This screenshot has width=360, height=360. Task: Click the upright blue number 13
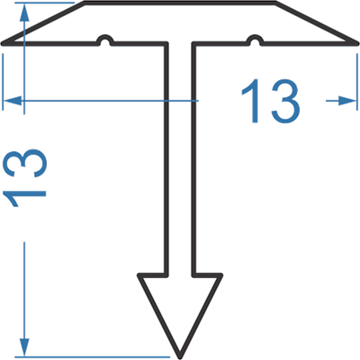pyautogui.click(x=271, y=101)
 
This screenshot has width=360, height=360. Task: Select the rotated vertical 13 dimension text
pyautogui.click(x=24, y=177)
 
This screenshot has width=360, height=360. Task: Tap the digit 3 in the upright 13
pyautogui.click(x=285, y=101)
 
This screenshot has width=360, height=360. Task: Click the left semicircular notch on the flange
pyautogui.click(x=104, y=40)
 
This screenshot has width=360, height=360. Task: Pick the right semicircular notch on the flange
pyautogui.click(x=255, y=40)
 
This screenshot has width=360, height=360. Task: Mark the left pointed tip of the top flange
pyautogui.click(x=3, y=44)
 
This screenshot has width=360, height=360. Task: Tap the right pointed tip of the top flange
pyautogui.click(x=356, y=44)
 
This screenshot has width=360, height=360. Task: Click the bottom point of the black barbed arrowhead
pyautogui.click(x=180, y=356)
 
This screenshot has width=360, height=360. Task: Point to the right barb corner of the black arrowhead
pyautogui.click(x=220, y=274)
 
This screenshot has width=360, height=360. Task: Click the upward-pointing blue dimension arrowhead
pyautogui.click(x=24, y=13)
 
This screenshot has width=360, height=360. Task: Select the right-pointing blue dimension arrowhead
pyautogui.click(x=347, y=101)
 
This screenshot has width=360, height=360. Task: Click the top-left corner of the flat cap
pyautogui.click(x=85, y=3)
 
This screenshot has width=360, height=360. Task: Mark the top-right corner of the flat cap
pyautogui.click(x=275, y=3)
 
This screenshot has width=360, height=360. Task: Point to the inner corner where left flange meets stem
pyautogui.click(x=166, y=44)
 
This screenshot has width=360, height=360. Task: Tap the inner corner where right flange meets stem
pyautogui.click(x=193, y=44)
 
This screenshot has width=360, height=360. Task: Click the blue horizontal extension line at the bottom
pyautogui.click(x=93, y=357)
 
